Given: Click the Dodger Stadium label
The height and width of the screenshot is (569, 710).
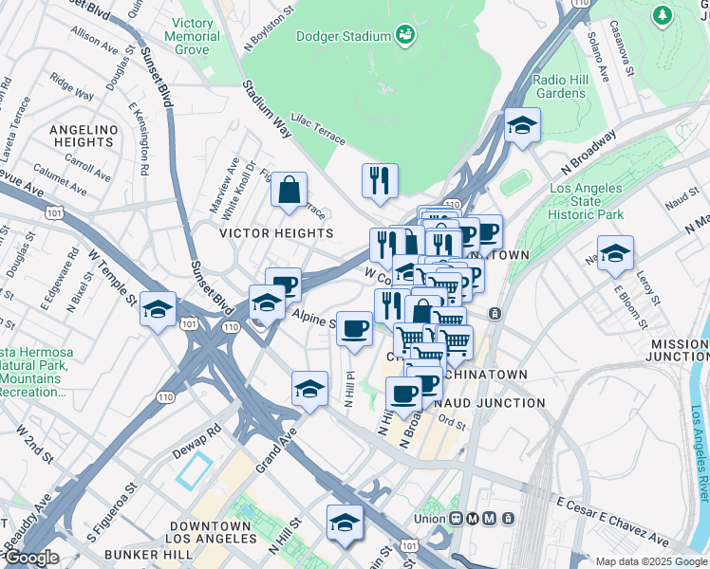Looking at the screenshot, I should pos(343,36).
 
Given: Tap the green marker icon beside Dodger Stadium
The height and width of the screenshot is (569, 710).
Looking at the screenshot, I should pos(406,35).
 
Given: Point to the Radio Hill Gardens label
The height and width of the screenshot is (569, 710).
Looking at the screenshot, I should pos(559,86).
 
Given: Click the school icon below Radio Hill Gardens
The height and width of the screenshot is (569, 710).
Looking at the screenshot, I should pos(521,126).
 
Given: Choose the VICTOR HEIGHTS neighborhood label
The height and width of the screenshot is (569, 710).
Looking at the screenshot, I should pos(276,232).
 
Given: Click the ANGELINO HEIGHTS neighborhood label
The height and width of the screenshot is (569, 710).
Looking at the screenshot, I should pos(82,136).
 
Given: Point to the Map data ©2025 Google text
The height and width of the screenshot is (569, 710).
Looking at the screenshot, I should pos(650,561).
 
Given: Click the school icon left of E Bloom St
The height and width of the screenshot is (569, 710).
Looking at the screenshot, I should pos(615,254).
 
